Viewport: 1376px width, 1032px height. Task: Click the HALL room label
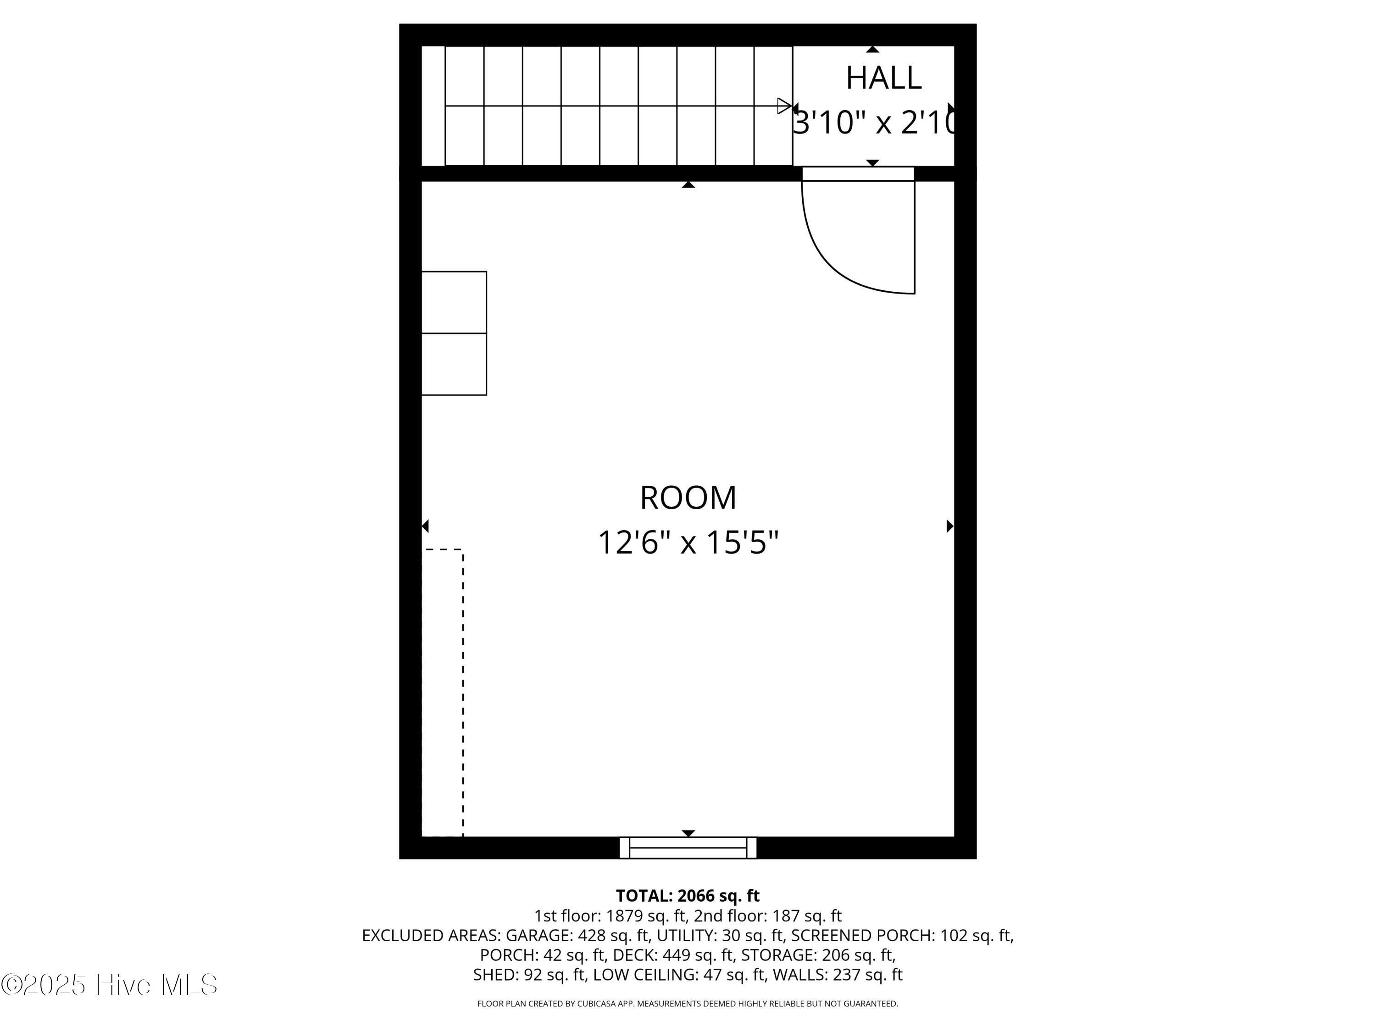[883, 78]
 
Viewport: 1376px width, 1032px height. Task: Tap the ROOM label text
[688, 498]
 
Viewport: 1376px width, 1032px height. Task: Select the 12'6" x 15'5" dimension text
[688, 542]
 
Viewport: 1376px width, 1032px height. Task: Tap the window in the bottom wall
[688, 848]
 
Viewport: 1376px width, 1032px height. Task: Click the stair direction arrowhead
[784, 106]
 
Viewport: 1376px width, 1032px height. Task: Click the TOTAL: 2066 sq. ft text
[688, 896]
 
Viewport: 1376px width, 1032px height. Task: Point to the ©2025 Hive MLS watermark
[110, 985]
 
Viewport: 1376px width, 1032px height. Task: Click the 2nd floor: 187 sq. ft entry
[768, 915]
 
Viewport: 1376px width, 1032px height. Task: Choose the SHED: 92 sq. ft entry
[529, 975]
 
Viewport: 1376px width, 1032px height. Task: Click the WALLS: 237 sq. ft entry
[837, 975]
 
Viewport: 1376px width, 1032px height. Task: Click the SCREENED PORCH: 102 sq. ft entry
[902, 936]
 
